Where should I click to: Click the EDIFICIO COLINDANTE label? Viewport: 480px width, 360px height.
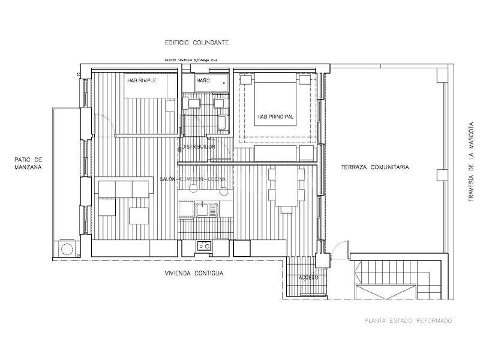coord(197,43)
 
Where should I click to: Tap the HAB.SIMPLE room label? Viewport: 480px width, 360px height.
coord(142,80)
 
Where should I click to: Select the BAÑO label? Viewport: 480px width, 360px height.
coord(203,80)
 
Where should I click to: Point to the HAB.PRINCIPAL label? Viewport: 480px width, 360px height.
coord(275,117)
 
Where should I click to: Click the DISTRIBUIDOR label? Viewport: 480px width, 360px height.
coord(199,147)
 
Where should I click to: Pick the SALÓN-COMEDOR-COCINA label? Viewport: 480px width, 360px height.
coord(192,179)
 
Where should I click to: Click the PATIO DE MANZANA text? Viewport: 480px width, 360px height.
coord(29,164)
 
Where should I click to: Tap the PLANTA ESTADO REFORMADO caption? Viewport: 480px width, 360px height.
coord(408,321)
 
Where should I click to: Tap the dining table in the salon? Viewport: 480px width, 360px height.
coord(287,186)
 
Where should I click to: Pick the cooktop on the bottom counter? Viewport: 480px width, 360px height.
coord(204,245)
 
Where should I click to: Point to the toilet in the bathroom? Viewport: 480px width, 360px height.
coord(222,124)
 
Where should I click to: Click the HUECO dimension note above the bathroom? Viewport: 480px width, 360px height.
coord(191,61)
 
